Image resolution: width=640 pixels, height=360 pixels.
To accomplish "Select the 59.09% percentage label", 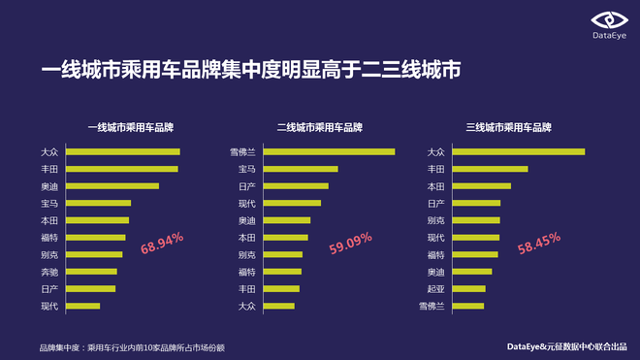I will [x=351, y=244].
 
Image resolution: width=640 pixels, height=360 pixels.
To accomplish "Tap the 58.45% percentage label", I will [x=540, y=244].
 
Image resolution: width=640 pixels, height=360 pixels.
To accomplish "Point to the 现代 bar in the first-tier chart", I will [x=82, y=306].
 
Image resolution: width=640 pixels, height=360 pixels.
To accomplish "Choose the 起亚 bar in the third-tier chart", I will [x=468, y=288].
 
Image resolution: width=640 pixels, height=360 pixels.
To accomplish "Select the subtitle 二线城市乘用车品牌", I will [x=320, y=127].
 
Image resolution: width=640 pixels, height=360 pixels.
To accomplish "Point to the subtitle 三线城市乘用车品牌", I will [x=509, y=127].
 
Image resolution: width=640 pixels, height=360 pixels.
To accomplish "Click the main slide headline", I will [x=250, y=70].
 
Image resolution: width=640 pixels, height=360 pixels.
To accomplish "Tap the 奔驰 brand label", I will [x=49, y=272].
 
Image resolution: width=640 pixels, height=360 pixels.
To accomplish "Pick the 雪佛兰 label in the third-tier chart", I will [x=432, y=307].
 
